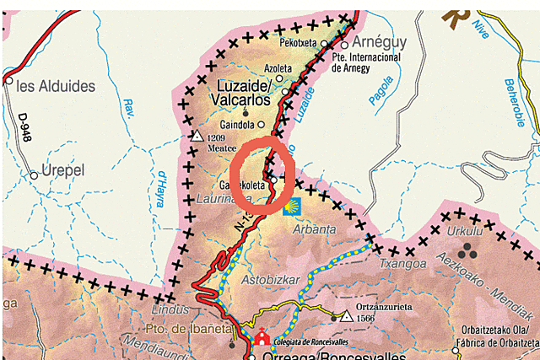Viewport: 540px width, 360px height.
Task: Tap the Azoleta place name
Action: click(x=278, y=68)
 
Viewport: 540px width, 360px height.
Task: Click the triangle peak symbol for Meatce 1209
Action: click(x=197, y=136)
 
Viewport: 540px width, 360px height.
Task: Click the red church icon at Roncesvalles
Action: click(x=262, y=336)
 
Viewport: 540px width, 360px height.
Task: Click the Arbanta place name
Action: click(x=314, y=229)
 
